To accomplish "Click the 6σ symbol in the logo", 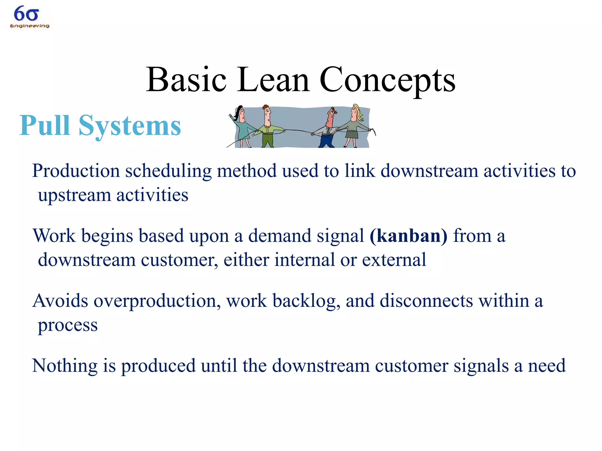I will coord(26,14).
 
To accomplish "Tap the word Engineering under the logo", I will coord(30,26).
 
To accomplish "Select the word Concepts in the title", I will coord(387,80).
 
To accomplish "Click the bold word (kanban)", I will coord(408,236).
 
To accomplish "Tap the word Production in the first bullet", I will coord(76,171).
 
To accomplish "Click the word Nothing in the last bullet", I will coord(65,366).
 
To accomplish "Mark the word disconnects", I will coord(426,301).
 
